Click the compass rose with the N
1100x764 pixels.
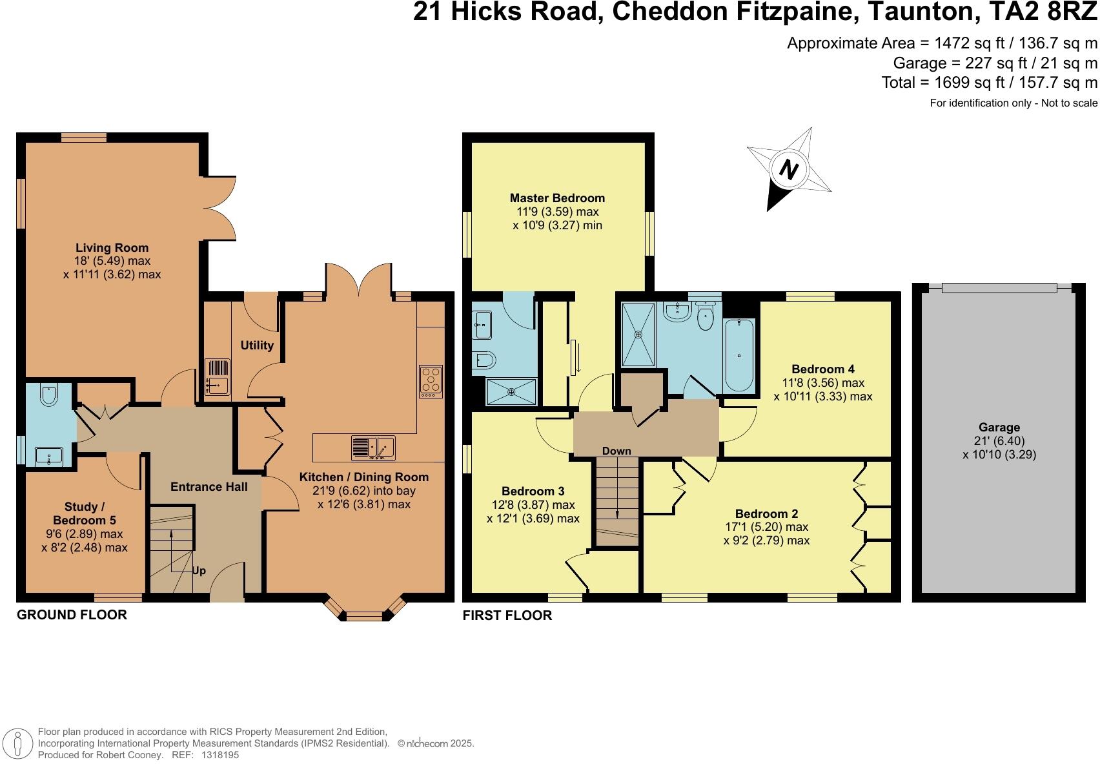pyautogui.click(x=788, y=169)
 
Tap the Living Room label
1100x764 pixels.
pyautogui.click(x=112, y=247)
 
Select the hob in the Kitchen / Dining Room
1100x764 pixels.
pyautogui.click(x=431, y=381)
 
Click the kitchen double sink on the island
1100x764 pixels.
pyautogui.click(x=373, y=448)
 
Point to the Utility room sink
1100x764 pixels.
pyautogui.click(x=218, y=377)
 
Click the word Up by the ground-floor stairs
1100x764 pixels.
pyautogui.click(x=199, y=571)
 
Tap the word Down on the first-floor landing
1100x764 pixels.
pyautogui.click(x=616, y=451)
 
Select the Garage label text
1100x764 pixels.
pyautogui.click(x=999, y=427)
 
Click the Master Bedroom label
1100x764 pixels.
pyautogui.click(x=557, y=198)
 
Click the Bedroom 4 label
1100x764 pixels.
pyautogui.click(x=822, y=369)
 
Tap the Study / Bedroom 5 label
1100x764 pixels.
pyautogui.click(x=84, y=513)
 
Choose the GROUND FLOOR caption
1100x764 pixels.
pyautogui.click(x=72, y=615)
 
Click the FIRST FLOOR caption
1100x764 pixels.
pyautogui.click(x=507, y=615)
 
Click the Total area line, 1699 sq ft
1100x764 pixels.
pyautogui.click(x=989, y=82)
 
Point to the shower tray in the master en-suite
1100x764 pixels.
pyautogui.click(x=511, y=391)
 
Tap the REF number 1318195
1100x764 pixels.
pyautogui.click(x=220, y=754)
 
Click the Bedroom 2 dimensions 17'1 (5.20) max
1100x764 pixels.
pyautogui.click(x=766, y=527)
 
